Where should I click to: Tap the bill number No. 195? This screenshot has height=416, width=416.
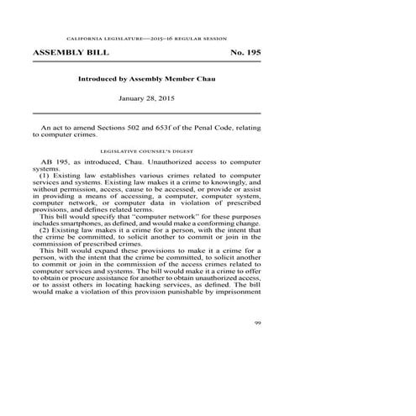(245, 52)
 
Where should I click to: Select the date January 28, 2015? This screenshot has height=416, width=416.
(147, 99)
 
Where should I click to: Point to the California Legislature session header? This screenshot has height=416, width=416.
(147, 39)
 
